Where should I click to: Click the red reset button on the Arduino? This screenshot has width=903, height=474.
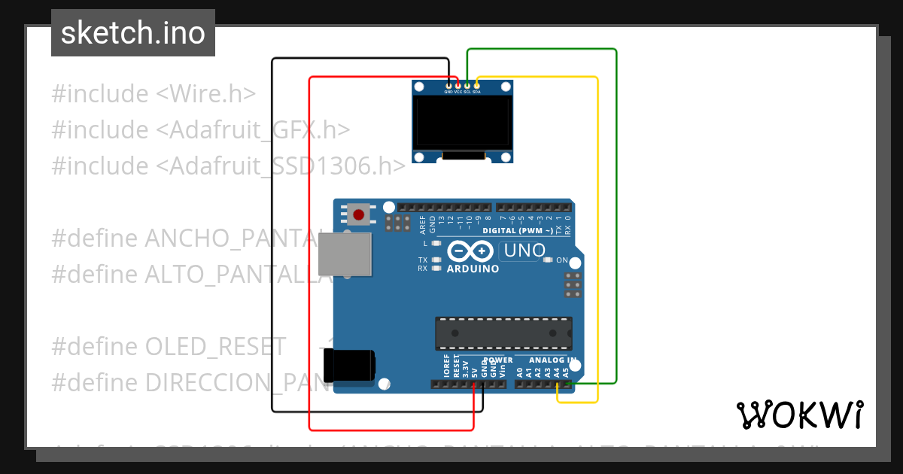tap(359, 214)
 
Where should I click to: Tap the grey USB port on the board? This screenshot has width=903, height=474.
tap(345, 254)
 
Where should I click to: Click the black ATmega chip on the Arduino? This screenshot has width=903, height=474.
tap(503, 333)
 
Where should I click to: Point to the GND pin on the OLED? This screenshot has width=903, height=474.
tap(448, 86)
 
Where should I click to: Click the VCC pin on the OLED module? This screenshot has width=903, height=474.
tap(458, 86)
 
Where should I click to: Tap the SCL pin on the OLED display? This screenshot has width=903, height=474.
tap(467, 86)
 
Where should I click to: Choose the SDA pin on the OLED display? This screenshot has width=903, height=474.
tap(476, 86)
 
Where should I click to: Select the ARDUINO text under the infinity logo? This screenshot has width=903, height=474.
tap(473, 269)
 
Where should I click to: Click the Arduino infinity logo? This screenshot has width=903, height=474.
tap(471, 251)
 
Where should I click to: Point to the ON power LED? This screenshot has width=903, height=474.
tap(550, 260)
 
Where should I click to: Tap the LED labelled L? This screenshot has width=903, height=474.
tap(436, 244)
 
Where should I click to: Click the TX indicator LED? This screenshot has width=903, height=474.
tap(436, 260)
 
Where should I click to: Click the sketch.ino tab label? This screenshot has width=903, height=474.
tap(133, 33)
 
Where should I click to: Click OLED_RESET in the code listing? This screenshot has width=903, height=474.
tap(215, 347)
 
